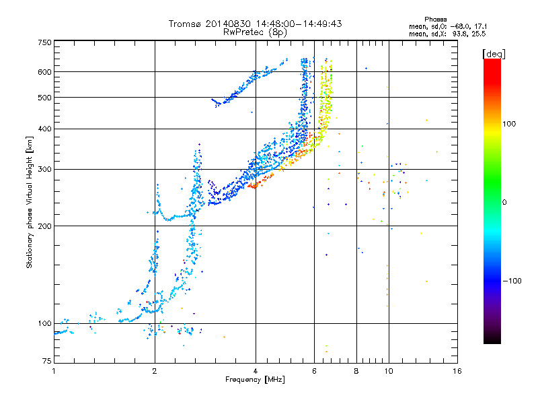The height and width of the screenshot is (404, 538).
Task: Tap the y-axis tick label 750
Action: (44, 42)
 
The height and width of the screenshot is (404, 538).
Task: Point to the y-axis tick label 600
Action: (44, 72)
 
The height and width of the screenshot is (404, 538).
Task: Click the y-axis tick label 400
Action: (44, 129)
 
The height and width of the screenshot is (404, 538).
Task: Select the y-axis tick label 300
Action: (44, 169)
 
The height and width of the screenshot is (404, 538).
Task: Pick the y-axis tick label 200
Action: (44, 226)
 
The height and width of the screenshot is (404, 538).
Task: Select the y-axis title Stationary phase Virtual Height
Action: (30, 202)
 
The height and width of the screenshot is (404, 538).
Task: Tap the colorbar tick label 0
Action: (505, 202)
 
